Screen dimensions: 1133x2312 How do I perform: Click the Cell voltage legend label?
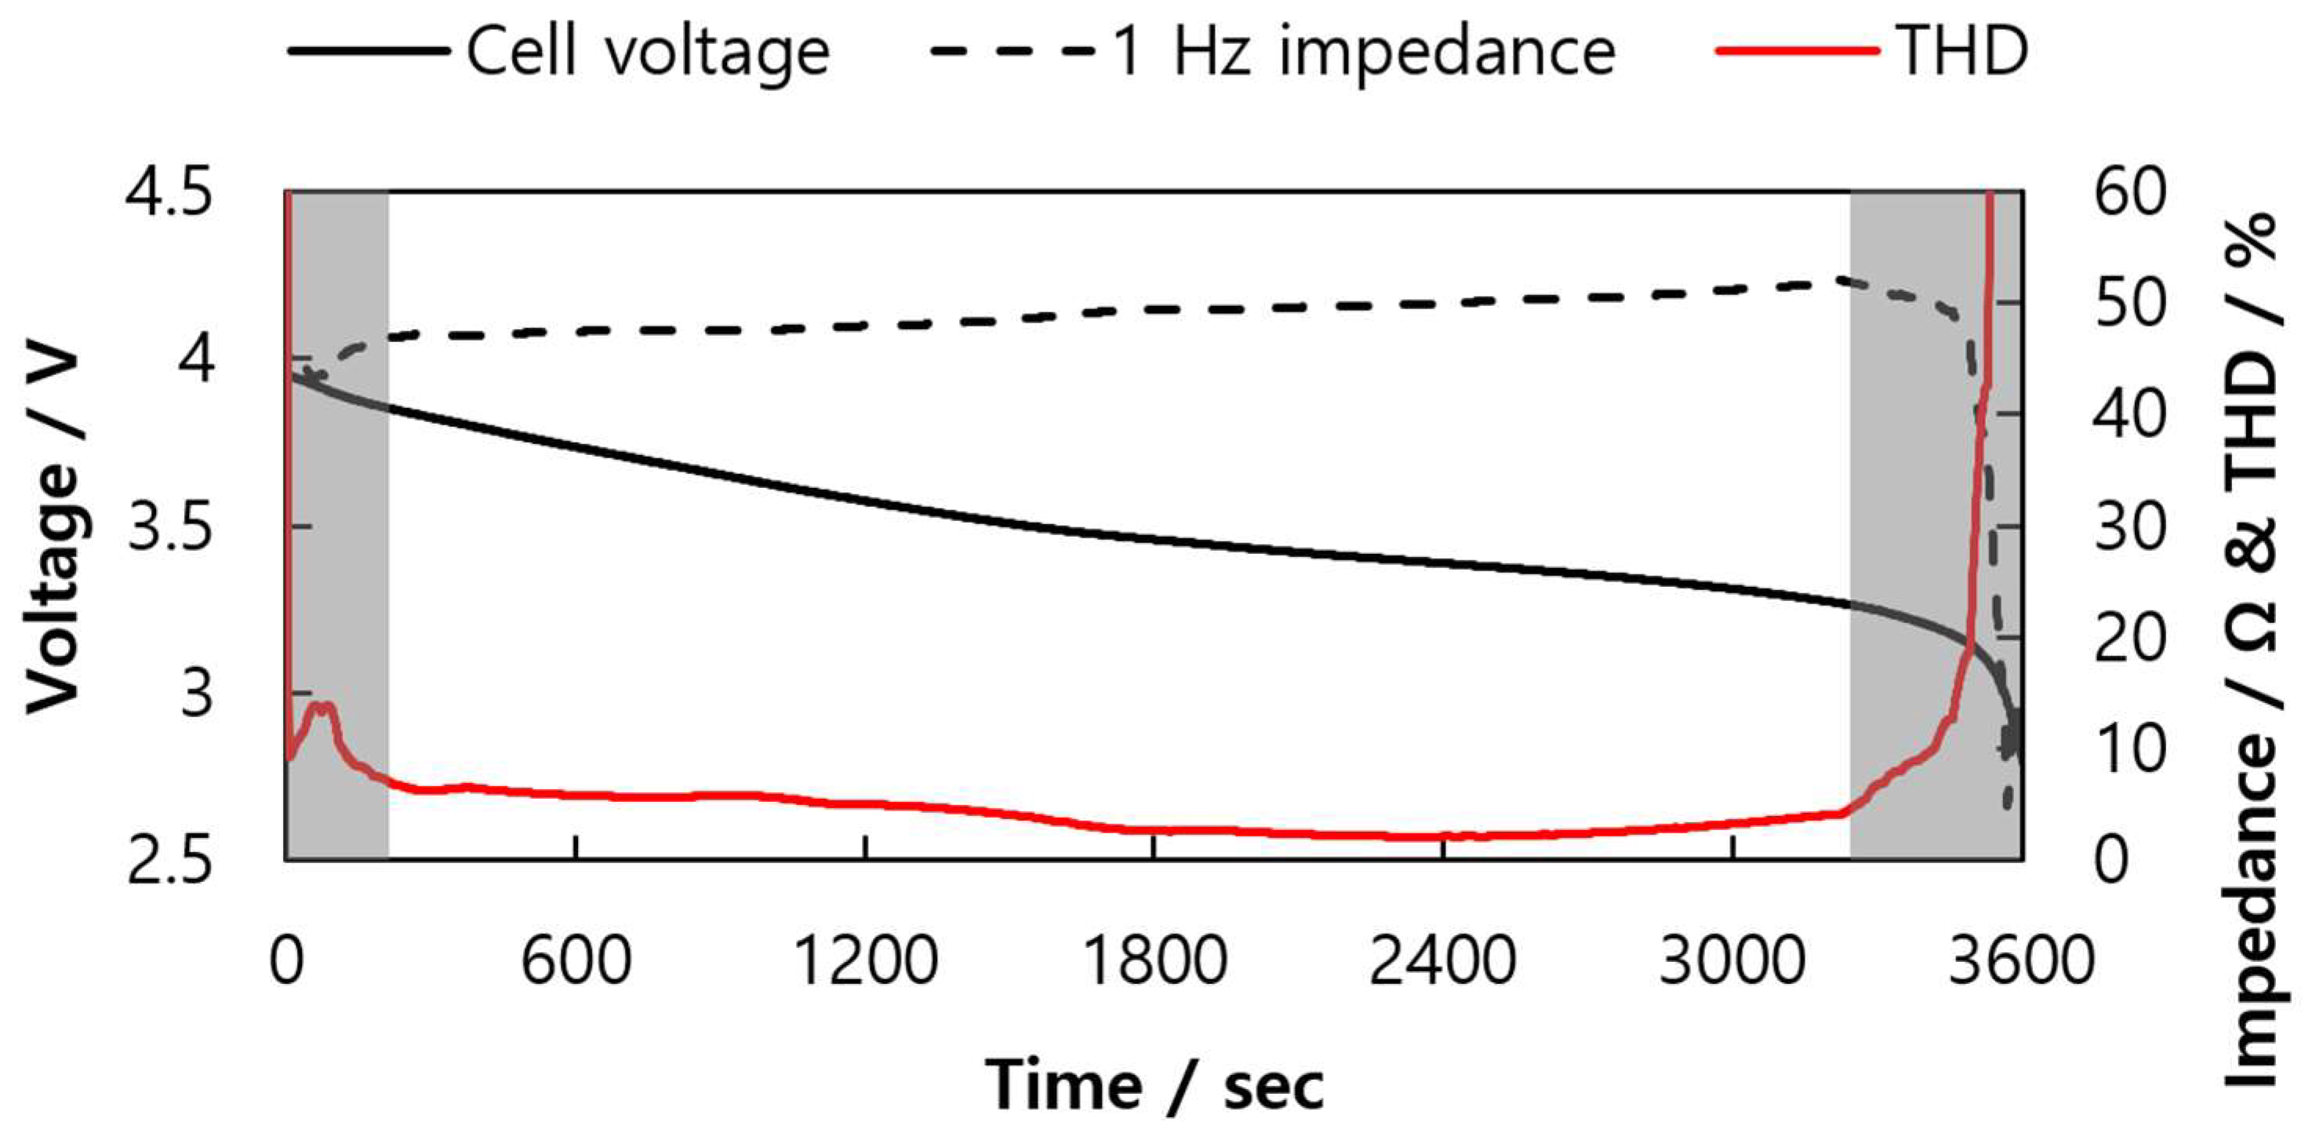(x=647, y=51)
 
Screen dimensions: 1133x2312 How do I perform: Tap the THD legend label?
(x=1962, y=51)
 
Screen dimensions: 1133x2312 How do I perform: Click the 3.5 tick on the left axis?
(x=170, y=527)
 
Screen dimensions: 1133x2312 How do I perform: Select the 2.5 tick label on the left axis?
(x=170, y=860)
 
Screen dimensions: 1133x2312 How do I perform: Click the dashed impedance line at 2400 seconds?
(x=1442, y=304)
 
